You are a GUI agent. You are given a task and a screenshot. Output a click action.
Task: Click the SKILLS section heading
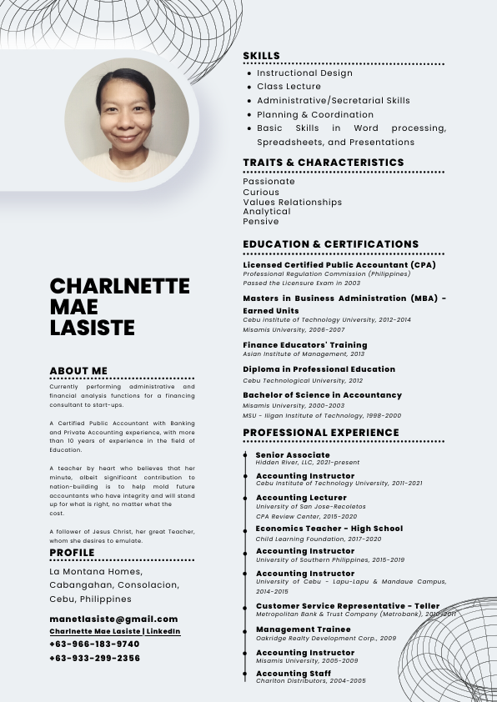point(261,56)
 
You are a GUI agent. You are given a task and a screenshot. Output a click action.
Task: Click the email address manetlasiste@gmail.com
point(113,619)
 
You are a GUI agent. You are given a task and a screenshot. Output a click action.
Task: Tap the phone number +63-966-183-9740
point(94,644)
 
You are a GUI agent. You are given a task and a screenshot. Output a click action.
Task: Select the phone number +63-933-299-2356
point(94,658)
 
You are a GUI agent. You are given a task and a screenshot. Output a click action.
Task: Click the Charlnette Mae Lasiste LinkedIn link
point(114,631)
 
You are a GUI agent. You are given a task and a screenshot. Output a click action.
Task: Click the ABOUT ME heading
point(78,370)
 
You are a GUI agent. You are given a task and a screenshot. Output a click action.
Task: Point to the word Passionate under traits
point(269,181)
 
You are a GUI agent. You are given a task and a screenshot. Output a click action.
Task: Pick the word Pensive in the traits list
point(261,222)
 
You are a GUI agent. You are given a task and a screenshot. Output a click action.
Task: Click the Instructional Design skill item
point(304,73)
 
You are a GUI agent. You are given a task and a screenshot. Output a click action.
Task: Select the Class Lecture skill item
point(289,87)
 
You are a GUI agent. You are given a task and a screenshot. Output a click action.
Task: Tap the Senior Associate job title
point(293,454)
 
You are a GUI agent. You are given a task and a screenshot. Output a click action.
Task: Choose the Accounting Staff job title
point(293,673)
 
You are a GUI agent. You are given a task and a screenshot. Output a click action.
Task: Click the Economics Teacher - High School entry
point(329,529)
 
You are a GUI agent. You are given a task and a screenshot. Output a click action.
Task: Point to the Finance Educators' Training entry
point(304,344)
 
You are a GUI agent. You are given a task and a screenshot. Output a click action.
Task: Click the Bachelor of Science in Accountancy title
point(322,394)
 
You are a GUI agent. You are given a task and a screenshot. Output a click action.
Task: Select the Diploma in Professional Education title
point(319,369)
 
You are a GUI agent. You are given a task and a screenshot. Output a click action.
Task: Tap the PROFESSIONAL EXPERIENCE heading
point(320,433)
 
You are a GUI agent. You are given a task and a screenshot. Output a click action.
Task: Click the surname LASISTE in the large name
point(92,328)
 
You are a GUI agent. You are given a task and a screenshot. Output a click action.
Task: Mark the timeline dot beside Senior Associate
point(244,455)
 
